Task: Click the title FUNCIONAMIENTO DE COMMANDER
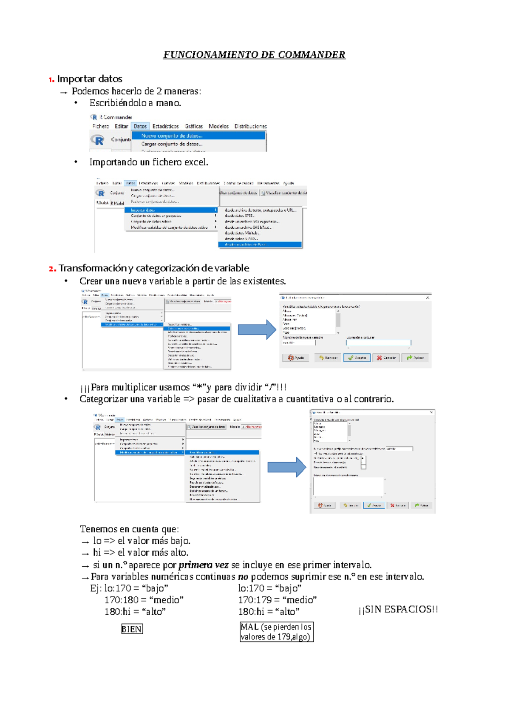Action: pyautogui.click(x=254, y=55)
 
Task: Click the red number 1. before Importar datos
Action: pyautogui.click(x=51, y=79)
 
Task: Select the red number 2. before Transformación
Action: pyautogui.click(x=52, y=269)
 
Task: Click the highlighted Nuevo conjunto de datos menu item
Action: pyautogui.click(x=172, y=136)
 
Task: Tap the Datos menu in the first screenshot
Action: pyautogui.click(x=140, y=126)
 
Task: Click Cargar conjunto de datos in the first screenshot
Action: pyautogui.click(x=172, y=144)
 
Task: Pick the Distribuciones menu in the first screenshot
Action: pyautogui.click(x=250, y=126)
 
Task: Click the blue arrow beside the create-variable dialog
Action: pyautogui.click(x=257, y=329)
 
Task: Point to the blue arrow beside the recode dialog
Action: pyautogui.click(x=286, y=467)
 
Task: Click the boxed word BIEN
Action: pyautogui.click(x=132, y=629)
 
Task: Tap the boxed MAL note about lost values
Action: pyautogui.click(x=276, y=632)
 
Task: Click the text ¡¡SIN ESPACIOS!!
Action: pyautogui.click(x=398, y=610)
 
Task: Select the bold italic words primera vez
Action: pyautogui.click(x=203, y=565)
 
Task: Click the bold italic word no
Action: pyautogui.click(x=243, y=577)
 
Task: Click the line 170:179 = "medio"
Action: pyautogui.click(x=277, y=600)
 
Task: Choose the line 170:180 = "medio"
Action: pyautogui.click(x=144, y=600)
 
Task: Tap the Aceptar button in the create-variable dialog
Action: pyautogui.click(x=357, y=358)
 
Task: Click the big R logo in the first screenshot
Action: pyautogui.click(x=98, y=140)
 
